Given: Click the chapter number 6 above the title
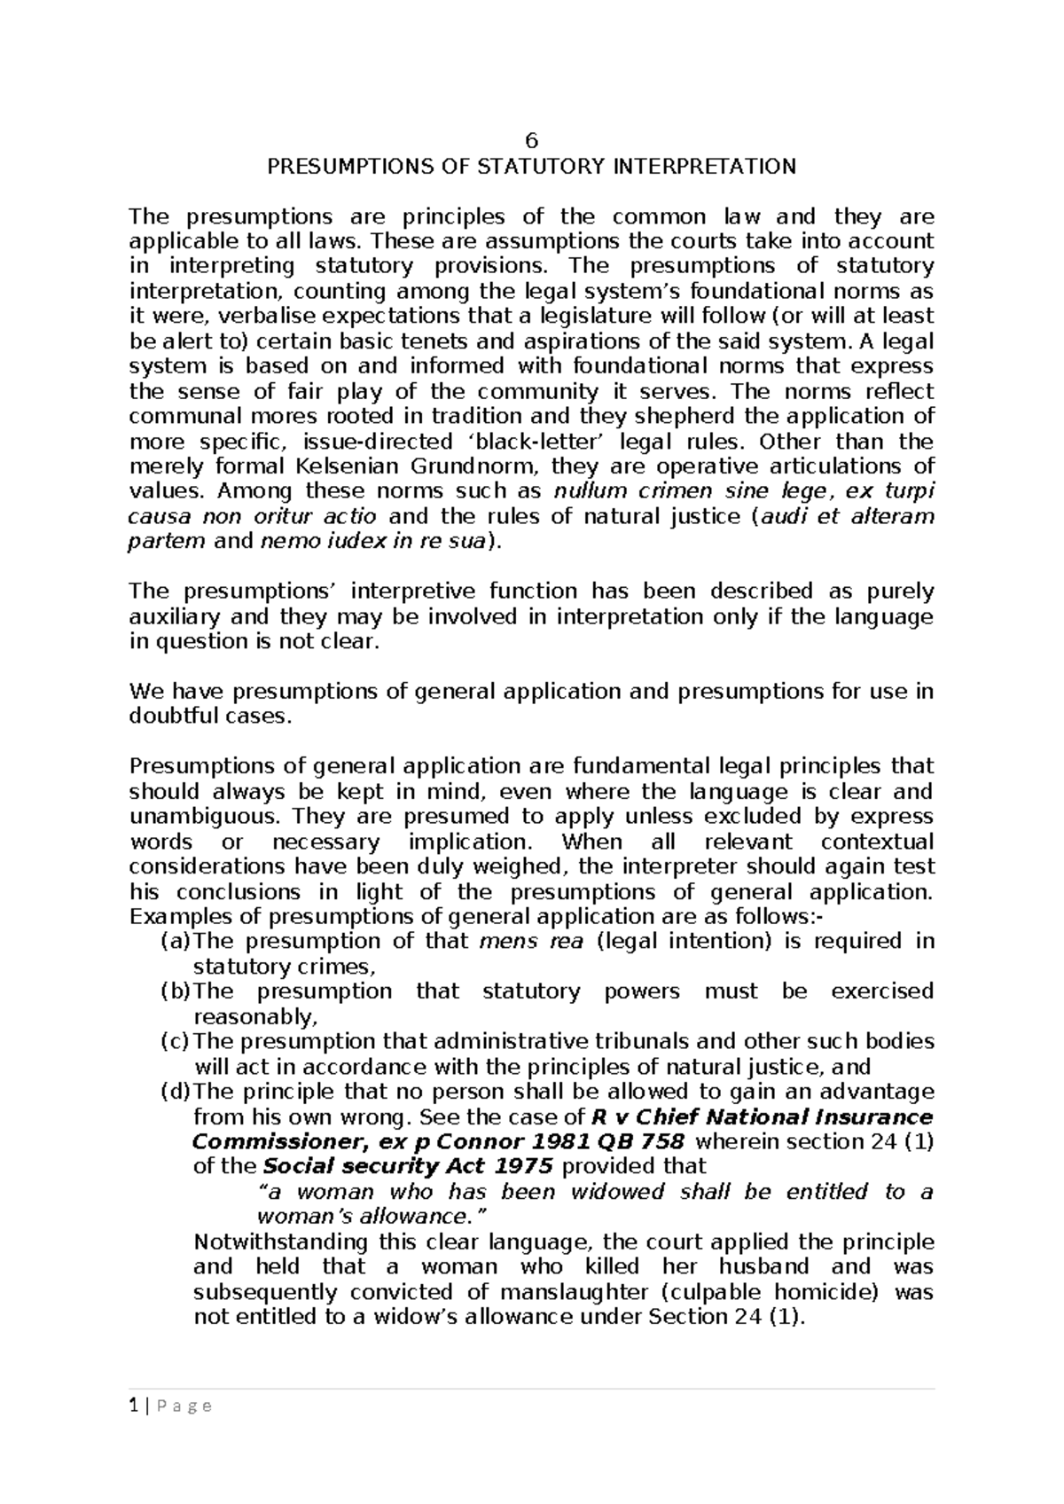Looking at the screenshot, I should [x=531, y=141].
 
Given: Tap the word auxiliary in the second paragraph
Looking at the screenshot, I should [x=174, y=616].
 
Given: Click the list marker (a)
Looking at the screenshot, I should [x=175, y=941].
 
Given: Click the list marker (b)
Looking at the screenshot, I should [x=175, y=991].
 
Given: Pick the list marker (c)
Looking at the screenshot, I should [x=175, y=1041].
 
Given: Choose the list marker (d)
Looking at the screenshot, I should [x=175, y=1092].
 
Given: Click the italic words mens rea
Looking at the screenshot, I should [x=530, y=941].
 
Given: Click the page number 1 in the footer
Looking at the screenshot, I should [x=133, y=1406].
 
